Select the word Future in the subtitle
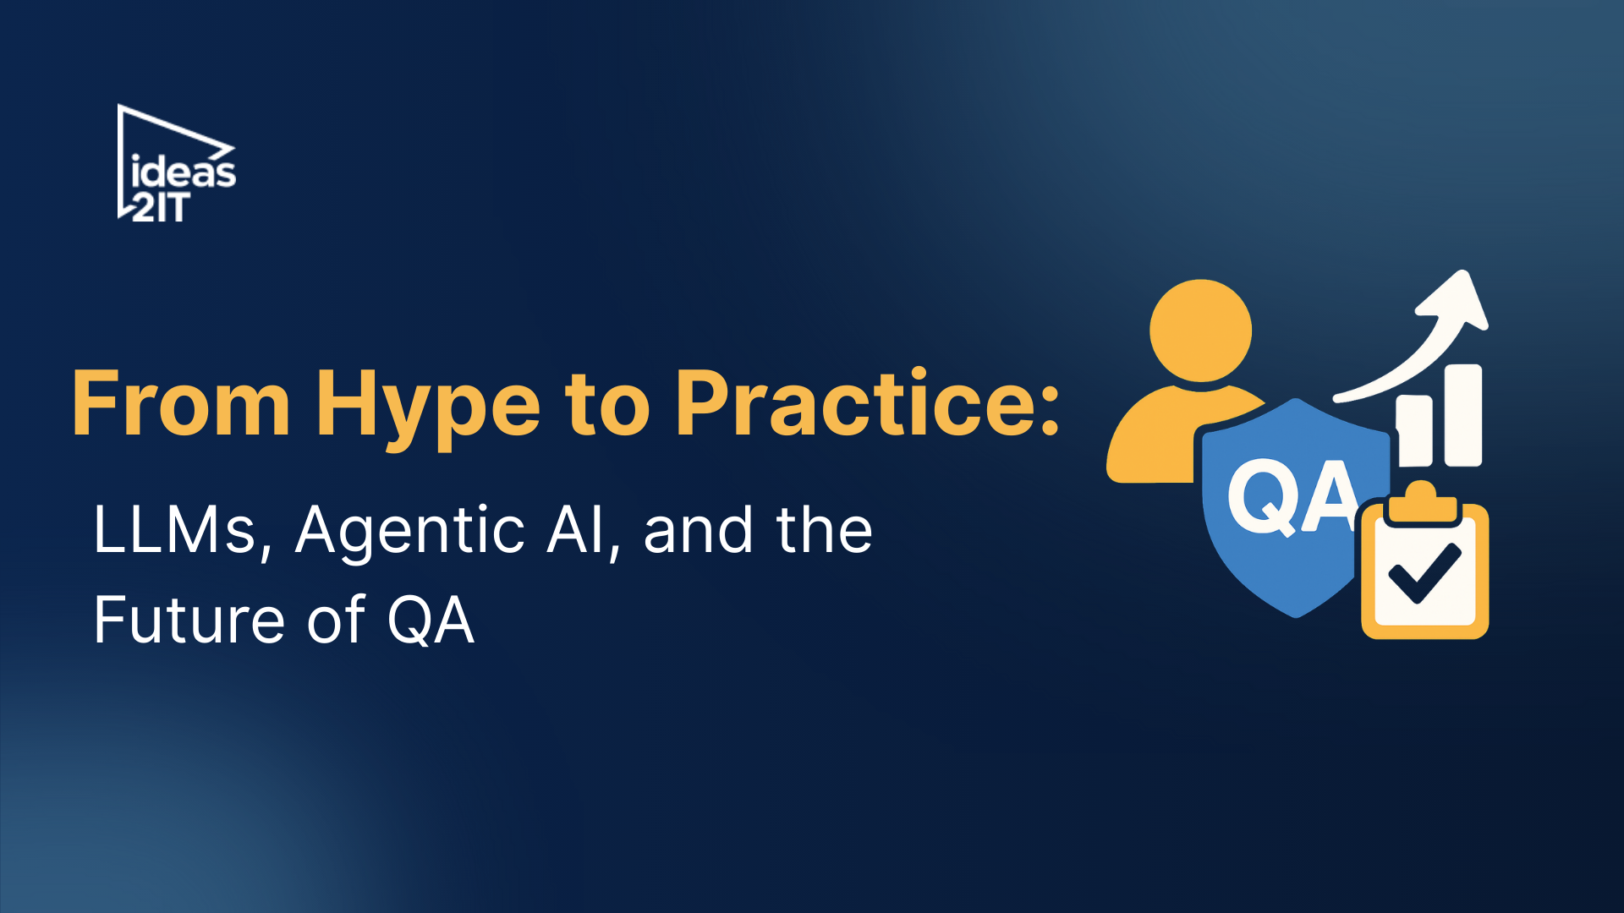187,621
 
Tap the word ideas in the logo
184,172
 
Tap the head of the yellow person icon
1200,330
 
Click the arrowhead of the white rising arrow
1459,300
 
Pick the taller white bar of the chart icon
1463,414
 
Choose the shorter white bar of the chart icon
1415,431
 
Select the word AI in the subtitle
583,531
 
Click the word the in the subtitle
824,531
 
